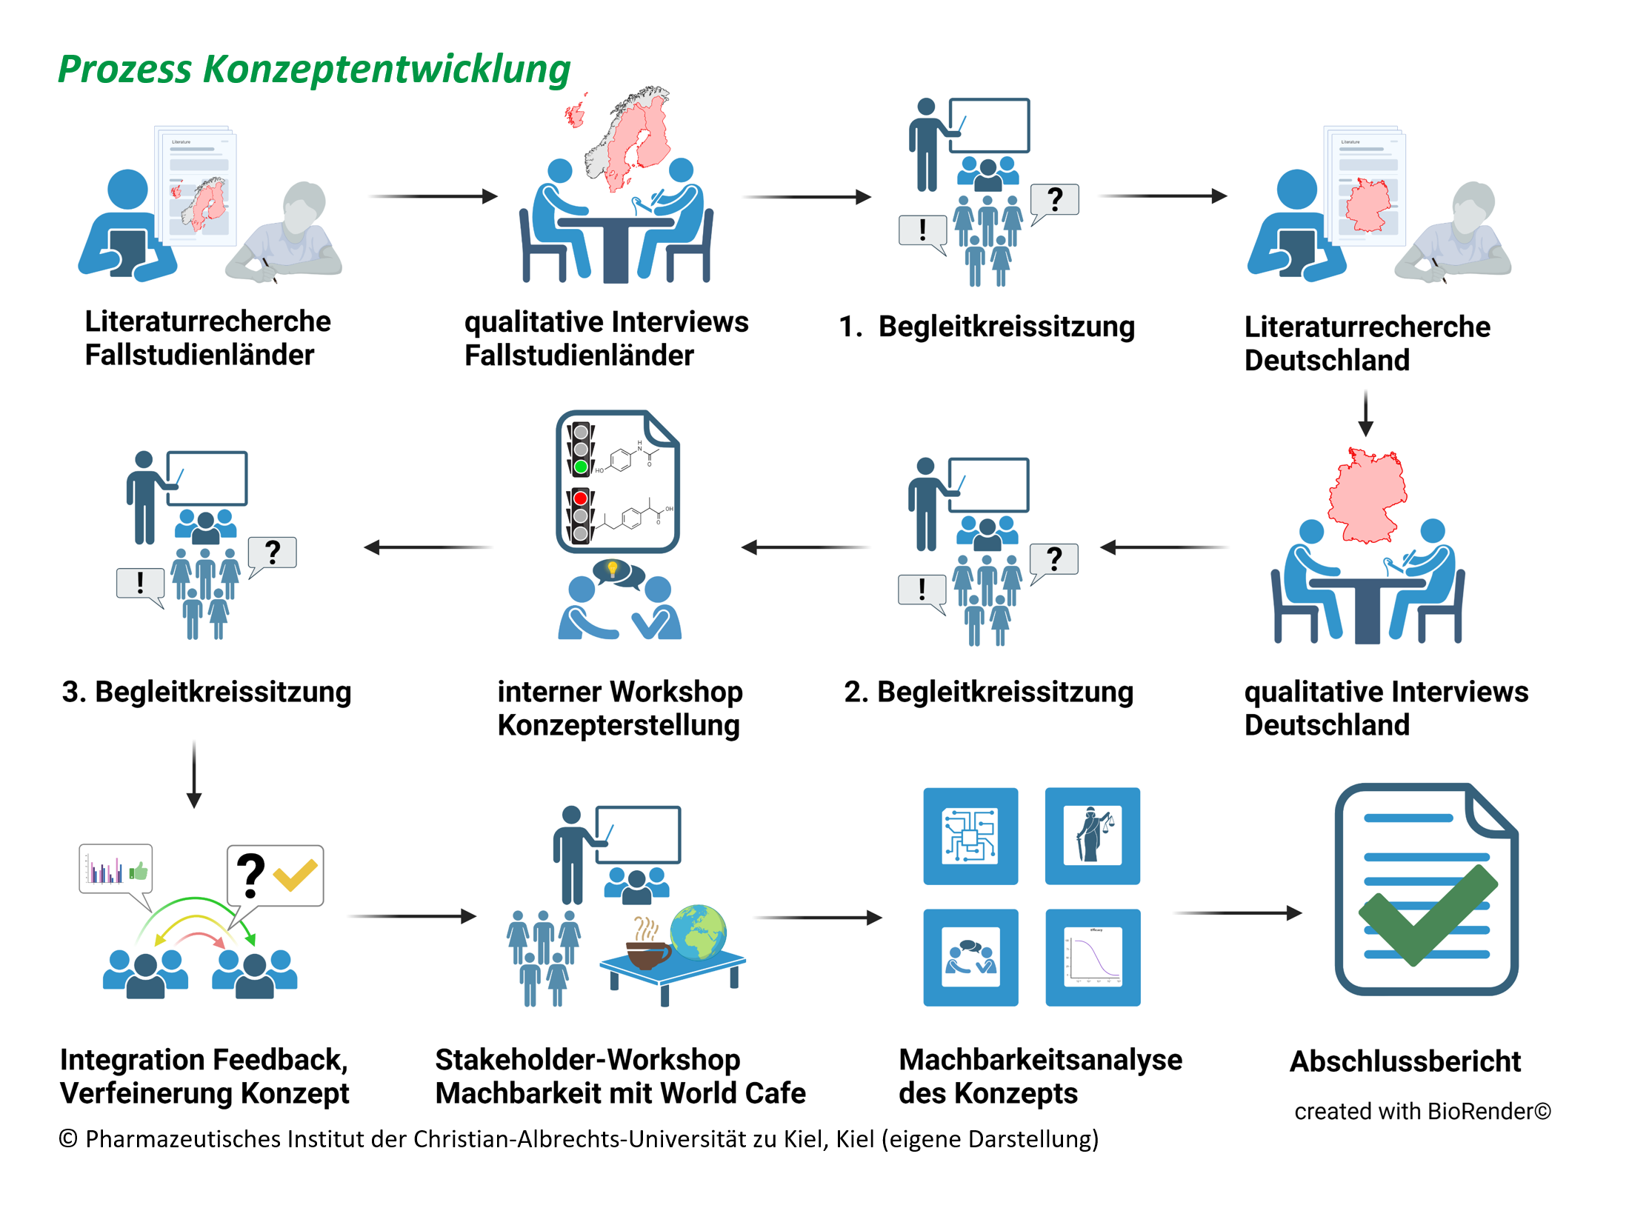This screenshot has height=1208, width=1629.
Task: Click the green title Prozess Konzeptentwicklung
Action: pos(314,70)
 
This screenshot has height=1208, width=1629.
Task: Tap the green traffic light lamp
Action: pos(581,467)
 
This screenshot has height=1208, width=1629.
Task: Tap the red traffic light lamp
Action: pos(581,498)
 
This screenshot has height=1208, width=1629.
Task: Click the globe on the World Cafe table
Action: pos(698,932)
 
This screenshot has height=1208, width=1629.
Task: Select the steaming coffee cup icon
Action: pos(647,944)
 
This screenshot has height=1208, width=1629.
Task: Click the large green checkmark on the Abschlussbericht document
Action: pos(1428,915)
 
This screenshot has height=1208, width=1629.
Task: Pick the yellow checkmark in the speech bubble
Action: pos(296,875)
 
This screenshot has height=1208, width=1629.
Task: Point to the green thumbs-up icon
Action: pos(139,870)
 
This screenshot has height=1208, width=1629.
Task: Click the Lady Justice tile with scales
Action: pos(1092,835)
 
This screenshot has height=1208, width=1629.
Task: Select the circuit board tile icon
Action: pos(970,835)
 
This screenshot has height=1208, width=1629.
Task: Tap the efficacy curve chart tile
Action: pos(1093,957)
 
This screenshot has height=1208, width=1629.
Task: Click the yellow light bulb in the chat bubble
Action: pos(612,569)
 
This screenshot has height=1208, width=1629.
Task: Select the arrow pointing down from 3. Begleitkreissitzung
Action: pos(194,775)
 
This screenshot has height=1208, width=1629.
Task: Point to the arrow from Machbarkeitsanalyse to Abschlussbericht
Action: pos(1239,913)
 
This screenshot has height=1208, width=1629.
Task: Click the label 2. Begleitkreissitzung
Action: pos(989,692)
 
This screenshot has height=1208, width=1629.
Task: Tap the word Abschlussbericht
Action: pos(1405,1061)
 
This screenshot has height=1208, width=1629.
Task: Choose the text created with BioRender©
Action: pos(1422,1111)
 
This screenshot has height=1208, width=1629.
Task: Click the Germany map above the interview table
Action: pos(1368,495)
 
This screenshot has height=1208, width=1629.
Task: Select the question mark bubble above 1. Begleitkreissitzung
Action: pos(1055,202)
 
